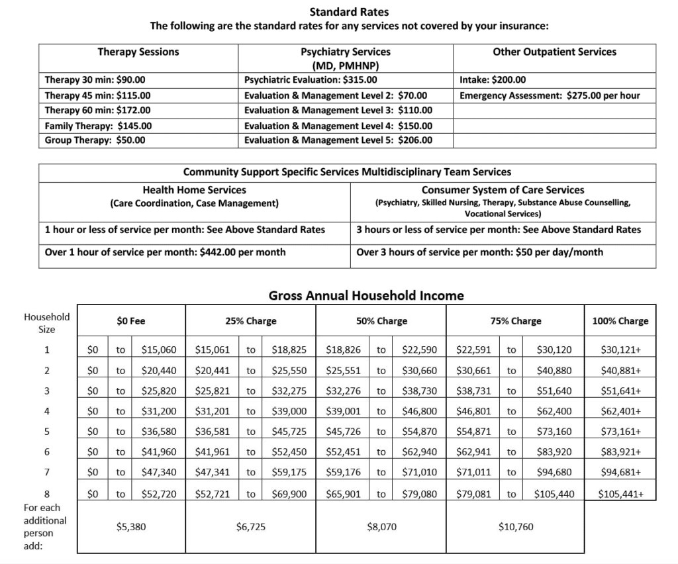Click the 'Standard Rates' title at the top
349,11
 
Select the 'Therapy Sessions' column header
138,52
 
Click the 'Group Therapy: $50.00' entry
95,140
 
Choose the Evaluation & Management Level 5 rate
338,140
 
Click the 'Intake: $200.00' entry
492,79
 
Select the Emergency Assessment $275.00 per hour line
550,95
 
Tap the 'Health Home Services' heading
194,190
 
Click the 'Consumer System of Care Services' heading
503,190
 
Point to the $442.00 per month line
165,252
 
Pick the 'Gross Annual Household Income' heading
366,295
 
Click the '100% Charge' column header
620,321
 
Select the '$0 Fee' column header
130,321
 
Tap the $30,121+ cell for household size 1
620,350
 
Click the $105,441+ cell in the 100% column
620,493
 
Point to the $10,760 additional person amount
515,527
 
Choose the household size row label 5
46,432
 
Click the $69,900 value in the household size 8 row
289,493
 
